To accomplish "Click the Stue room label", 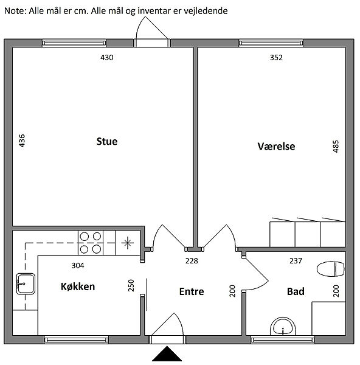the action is (x=107, y=141).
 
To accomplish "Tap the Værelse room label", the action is (x=276, y=146).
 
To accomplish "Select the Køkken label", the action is (x=78, y=287).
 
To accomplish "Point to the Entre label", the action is (x=192, y=291).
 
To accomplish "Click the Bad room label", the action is (x=296, y=291).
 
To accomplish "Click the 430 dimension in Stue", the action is (x=107, y=58).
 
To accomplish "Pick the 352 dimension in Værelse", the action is (x=276, y=58).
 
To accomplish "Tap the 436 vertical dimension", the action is (x=22, y=141).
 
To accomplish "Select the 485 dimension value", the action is (x=336, y=147).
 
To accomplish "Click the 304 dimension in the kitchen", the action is (x=78, y=265).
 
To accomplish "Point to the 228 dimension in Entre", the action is (x=192, y=261).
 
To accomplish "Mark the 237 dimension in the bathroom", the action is (x=296, y=261).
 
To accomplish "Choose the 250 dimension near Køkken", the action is (x=131, y=285).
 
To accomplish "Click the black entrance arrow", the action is (x=167, y=353).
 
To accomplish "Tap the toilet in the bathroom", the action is (x=331, y=269).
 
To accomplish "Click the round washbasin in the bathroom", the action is (x=283, y=326).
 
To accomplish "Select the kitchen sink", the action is (x=26, y=283).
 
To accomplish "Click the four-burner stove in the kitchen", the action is (x=90, y=243).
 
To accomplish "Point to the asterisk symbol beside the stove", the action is (x=127, y=243).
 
